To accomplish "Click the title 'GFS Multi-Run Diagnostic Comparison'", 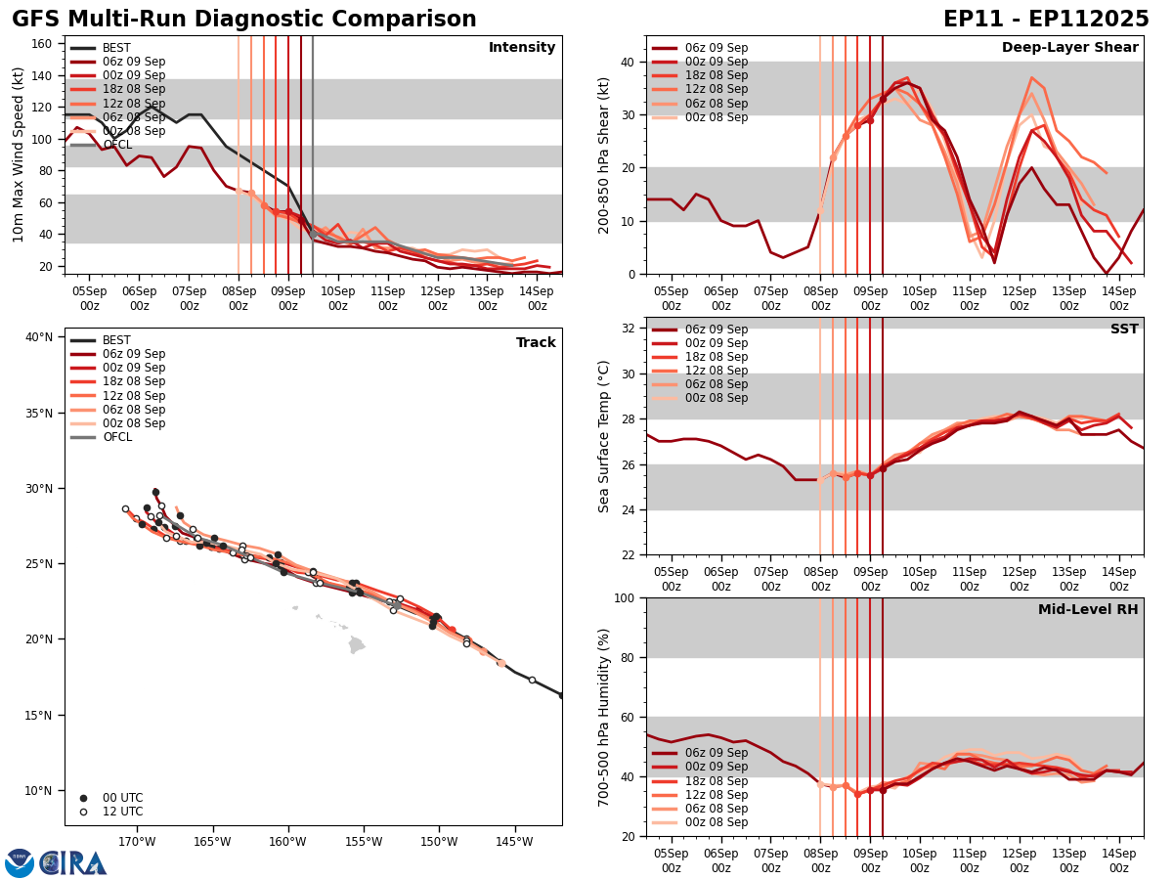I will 244,20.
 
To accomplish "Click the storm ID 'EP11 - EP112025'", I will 1046,20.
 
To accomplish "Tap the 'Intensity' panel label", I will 522,48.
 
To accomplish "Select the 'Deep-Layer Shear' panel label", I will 1069,48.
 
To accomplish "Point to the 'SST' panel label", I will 1124,330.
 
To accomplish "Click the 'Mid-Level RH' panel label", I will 1088,610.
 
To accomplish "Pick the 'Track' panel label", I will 536,343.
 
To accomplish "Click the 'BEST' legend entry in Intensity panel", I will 116,48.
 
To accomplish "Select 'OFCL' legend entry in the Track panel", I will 116,437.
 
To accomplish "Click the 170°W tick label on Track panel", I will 137,842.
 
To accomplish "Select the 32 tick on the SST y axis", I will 630,329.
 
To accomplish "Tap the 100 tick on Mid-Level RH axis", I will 626,597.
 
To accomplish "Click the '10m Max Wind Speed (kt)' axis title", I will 19,154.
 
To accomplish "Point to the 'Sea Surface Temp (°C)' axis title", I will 604,436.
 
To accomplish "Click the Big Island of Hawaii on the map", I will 357,645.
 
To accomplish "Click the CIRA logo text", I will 73,863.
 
